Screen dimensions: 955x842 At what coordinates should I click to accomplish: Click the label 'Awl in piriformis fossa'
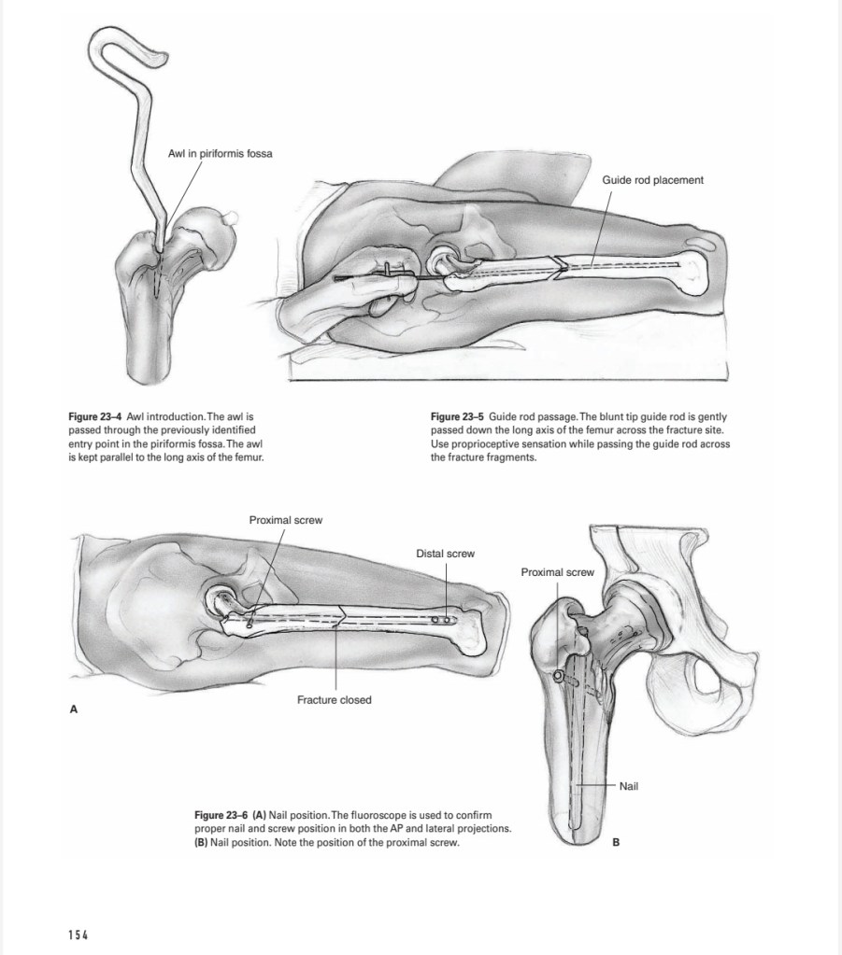pyautogui.click(x=220, y=153)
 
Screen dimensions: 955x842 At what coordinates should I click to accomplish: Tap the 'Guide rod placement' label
pyautogui.click(x=652, y=179)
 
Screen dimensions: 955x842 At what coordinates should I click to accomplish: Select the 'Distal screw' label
pyautogui.click(x=445, y=554)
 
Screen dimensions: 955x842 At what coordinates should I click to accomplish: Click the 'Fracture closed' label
pyautogui.click(x=334, y=700)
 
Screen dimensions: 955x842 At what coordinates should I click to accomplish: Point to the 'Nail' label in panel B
pyautogui.click(x=628, y=787)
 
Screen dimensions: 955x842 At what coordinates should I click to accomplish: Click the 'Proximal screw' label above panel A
pyautogui.click(x=285, y=520)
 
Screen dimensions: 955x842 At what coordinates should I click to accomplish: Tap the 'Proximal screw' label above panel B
pyautogui.click(x=557, y=572)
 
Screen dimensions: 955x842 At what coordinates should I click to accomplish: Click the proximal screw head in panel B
pyautogui.click(x=559, y=676)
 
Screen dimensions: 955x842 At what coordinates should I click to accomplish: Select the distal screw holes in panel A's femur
pyautogui.click(x=446, y=619)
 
